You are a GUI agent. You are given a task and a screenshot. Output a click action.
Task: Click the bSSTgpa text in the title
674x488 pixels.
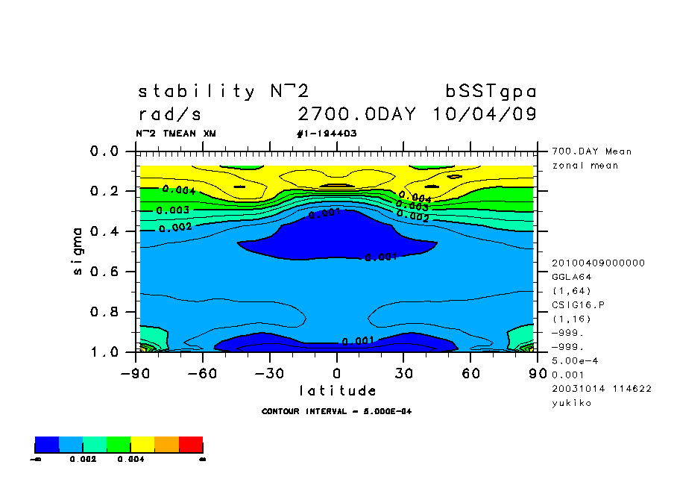[x=491, y=92]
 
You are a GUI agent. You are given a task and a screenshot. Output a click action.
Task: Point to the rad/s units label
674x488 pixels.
[x=170, y=115]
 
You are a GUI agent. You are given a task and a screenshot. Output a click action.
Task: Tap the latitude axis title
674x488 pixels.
[x=338, y=390]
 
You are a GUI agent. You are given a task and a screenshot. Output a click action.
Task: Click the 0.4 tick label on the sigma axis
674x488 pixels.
[x=104, y=231]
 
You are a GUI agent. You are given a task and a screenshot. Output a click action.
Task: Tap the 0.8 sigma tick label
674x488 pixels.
[x=104, y=311]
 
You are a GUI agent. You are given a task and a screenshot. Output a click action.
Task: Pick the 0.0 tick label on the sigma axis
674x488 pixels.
[x=104, y=151]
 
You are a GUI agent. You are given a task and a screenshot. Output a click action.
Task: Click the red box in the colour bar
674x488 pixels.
[x=191, y=445]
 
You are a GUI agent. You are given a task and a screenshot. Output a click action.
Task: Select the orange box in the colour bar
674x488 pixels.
[x=167, y=445]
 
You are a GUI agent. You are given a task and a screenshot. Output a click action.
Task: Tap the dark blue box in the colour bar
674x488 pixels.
[x=47, y=445]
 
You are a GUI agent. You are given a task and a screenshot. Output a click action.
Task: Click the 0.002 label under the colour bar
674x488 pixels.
[x=82, y=460]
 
